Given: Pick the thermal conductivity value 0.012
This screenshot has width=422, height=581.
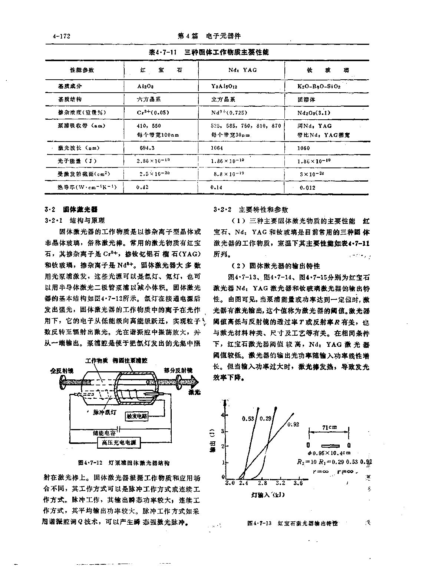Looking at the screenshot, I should click(x=307, y=187).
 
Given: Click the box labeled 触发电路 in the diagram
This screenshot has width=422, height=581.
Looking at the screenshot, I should click(x=137, y=416).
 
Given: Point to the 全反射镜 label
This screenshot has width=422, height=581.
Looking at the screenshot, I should click(x=62, y=370).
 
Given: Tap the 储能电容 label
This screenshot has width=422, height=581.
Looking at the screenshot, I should click(x=104, y=432).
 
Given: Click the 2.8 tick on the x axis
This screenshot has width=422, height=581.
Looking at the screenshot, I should click(x=262, y=483).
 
